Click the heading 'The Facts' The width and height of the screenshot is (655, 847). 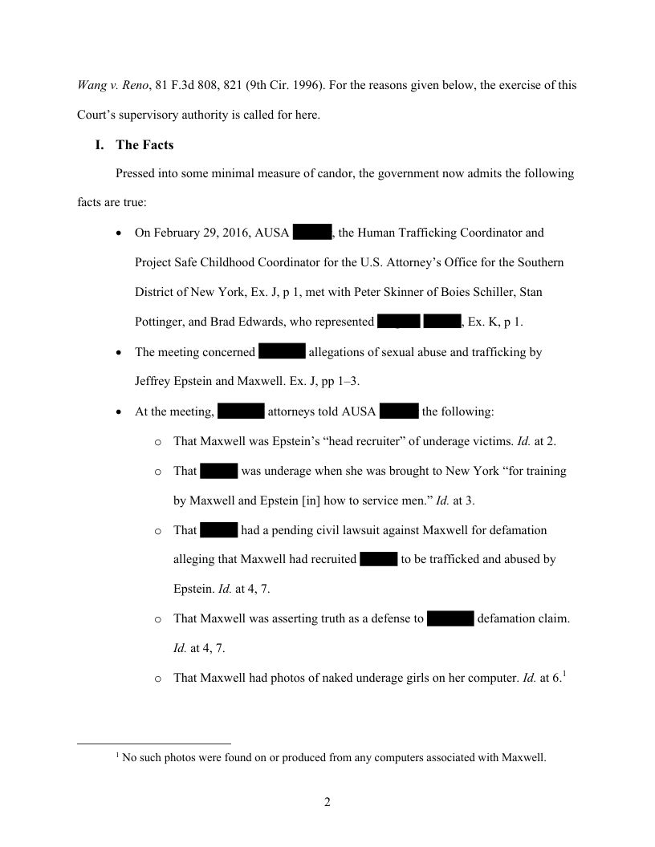144,145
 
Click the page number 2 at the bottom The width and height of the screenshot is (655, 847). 327,802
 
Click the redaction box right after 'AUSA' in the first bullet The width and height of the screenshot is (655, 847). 312,233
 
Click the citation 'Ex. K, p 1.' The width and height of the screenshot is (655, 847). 495,322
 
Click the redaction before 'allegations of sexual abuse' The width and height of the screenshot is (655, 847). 282,352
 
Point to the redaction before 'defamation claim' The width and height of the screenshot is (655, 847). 450,618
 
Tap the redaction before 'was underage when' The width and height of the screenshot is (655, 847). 218,471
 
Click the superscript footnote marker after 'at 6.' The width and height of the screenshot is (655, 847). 564,674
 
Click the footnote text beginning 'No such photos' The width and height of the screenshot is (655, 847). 334,756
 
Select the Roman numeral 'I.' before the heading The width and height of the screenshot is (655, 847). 100,145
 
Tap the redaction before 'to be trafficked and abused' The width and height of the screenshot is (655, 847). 379,559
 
